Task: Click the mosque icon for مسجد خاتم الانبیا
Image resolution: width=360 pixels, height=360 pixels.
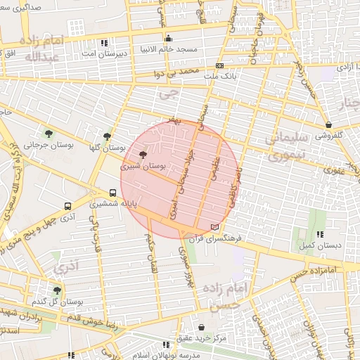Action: (168, 38)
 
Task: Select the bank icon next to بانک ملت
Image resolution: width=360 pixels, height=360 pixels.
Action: (220, 66)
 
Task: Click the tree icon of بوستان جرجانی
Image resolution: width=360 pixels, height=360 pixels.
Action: (49, 134)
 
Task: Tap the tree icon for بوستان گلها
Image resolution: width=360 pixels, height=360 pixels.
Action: (106, 136)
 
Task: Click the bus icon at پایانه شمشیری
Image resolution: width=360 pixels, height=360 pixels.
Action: (112, 193)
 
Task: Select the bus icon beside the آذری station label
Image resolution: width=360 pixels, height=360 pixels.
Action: (67, 206)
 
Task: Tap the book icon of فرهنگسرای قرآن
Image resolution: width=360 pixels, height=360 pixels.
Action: (214, 227)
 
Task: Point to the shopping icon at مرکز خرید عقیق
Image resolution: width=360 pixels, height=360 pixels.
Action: (202, 328)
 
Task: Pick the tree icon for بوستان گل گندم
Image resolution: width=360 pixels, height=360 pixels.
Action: (57, 290)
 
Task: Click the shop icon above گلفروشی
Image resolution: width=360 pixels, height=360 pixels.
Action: (329, 124)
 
